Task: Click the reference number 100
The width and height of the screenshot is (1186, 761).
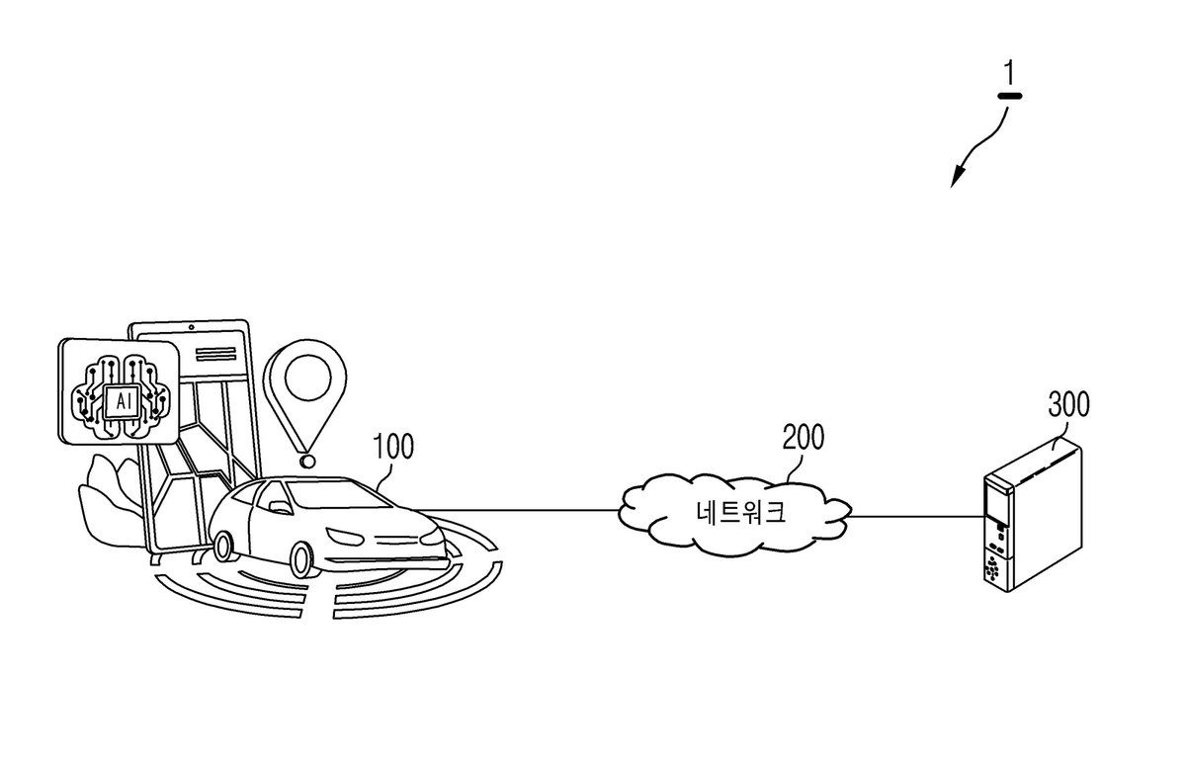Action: pos(393,446)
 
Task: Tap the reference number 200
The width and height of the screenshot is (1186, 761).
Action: pos(804,438)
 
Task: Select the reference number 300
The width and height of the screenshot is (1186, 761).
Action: pos(1069,405)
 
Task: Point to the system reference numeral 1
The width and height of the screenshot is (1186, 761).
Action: pos(1010,73)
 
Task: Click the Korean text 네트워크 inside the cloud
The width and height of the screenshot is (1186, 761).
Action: pos(740,512)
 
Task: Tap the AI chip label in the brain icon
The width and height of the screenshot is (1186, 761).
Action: pos(124,402)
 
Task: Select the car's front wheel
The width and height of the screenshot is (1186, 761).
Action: pos(300,559)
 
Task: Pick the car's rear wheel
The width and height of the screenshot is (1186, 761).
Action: pos(222,547)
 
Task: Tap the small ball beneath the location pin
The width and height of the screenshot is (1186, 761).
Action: pos(306,462)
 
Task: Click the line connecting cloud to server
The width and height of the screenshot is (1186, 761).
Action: pos(915,516)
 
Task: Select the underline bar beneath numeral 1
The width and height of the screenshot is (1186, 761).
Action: pos(1009,97)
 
